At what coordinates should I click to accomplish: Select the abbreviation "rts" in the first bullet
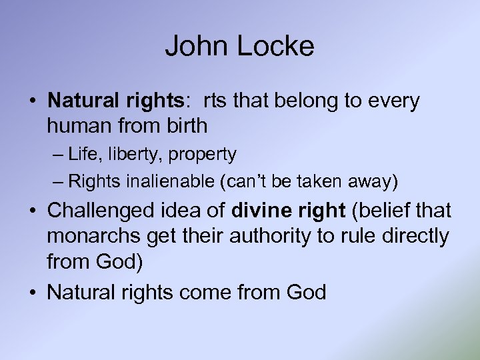click(215, 101)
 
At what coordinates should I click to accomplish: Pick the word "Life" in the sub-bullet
click(83, 155)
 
